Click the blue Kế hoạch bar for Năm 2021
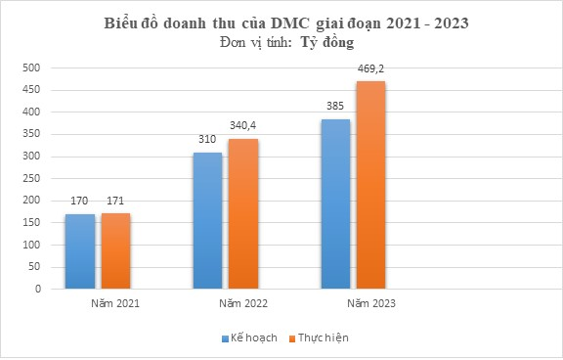point(80,251)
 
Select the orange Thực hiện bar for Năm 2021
point(115,251)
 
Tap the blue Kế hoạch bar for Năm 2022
point(208,220)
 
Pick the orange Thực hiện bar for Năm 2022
point(243,213)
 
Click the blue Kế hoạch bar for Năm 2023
point(336,203)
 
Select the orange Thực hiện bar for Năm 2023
point(371,185)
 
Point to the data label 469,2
point(371,70)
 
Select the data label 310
point(208,140)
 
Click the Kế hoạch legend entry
point(250,337)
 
